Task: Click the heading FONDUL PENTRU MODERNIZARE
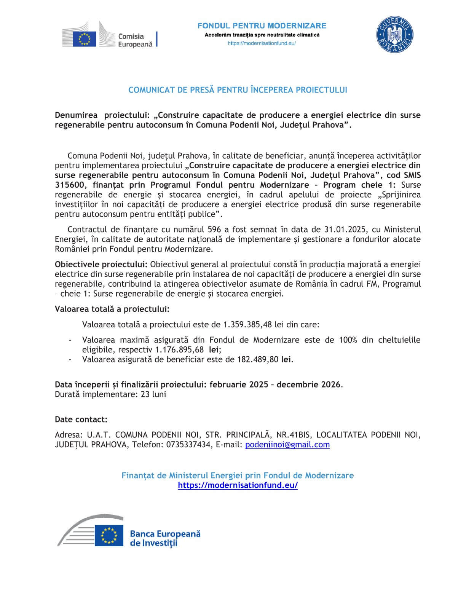pyautogui.click(x=262, y=26)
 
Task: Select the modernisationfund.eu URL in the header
pyautogui.click(x=262, y=43)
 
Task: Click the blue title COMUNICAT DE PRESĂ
pyautogui.click(x=238, y=90)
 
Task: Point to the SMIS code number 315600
pyautogui.click(x=68, y=185)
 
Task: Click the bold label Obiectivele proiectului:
pyautogui.click(x=102, y=264)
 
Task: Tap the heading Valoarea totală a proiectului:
pyautogui.click(x=112, y=309)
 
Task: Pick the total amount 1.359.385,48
pyautogui.click(x=247, y=325)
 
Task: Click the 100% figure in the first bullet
pyautogui.click(x=348, y=340)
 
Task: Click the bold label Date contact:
pyautogui.click(x=81, y=420)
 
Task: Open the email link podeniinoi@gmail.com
pyautogui.click(x=287, y=445)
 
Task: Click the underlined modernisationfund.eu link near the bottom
pyautogui.click(x=238, y=485)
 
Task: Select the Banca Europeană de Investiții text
pyautogui.click(x=165, y=538)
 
